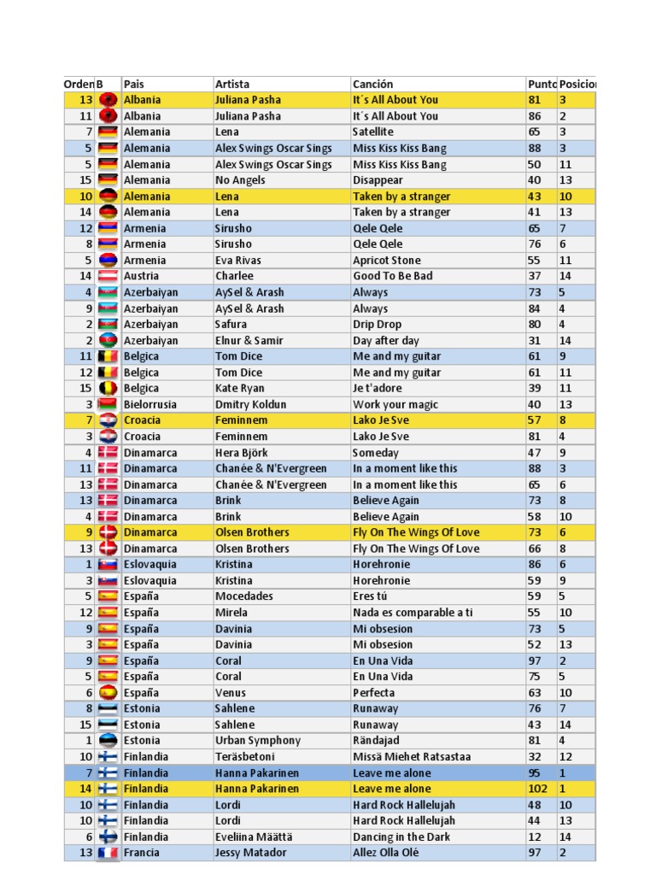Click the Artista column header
[232, 84]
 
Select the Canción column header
[372, 84]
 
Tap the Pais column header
[134, 84]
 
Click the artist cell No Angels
[239, 180]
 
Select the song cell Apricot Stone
[386, 261]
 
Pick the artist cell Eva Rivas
[238, 261]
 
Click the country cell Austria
[141, 276]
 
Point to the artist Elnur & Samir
[249, 340]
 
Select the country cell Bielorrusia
[150, 404]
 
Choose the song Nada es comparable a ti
[413, 613]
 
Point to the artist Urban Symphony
[258, 741]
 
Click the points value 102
[537, 789]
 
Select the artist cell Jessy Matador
[251, 853]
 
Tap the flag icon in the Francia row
[108, 853]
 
